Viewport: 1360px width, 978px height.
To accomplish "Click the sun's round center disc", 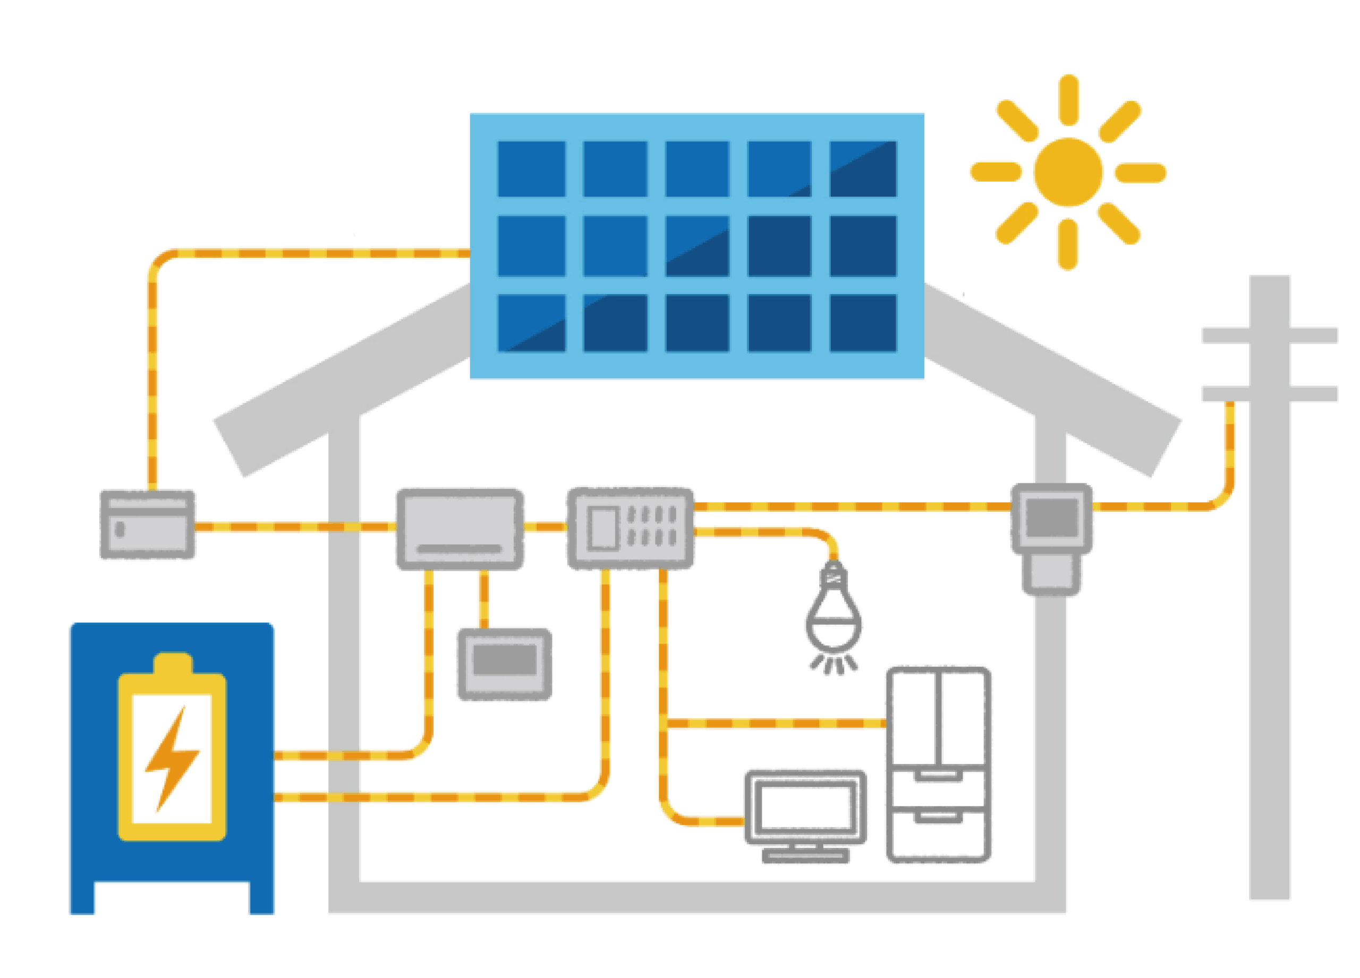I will click(x=1067, y=172).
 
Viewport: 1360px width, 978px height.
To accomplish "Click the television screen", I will click(x=805, y=806).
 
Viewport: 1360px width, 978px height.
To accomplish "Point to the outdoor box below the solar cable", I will click(x=148, y=525).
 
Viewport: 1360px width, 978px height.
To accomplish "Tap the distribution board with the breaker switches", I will click(x=630, y=528).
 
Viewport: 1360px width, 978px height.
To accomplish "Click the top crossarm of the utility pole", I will click(x=1270, y=335).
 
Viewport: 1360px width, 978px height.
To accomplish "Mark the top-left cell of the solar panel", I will click(x=531, y=168).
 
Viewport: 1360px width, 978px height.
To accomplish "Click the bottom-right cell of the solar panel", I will click(x=862, y=322).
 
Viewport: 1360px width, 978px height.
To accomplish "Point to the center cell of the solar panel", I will click(x=697, y=246).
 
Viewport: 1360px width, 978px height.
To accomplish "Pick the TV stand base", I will click(x=805, y=856).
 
